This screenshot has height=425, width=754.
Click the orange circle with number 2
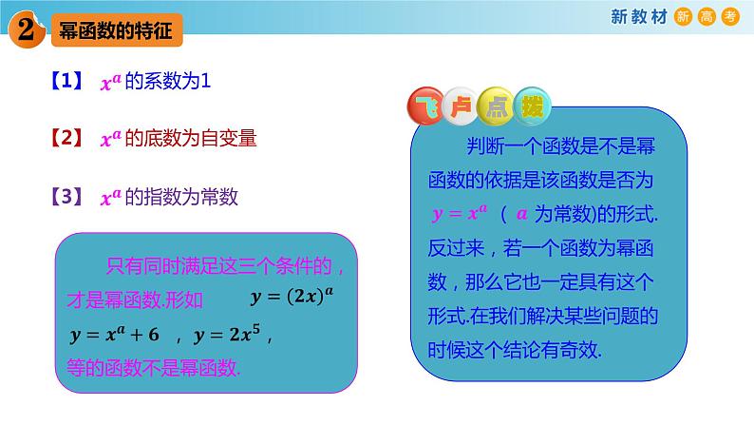26,30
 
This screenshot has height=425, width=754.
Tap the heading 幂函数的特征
110,31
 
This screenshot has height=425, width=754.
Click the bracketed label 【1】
66,83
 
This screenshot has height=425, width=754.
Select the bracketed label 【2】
66,139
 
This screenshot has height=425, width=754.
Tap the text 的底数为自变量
191,139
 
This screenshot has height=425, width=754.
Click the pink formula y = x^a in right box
460,213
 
